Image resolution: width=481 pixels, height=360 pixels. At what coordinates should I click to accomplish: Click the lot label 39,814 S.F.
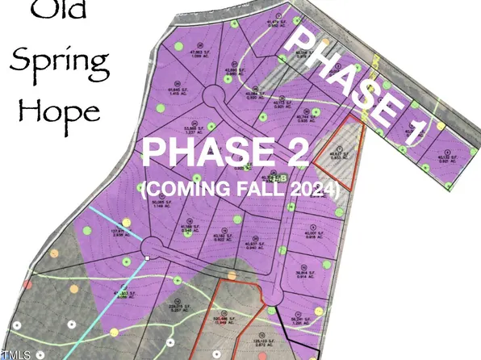pyautogui.click(x=304, y=275)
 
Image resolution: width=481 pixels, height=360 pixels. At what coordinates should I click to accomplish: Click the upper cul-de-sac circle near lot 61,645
pyautogui.click(x=214, y=103)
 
